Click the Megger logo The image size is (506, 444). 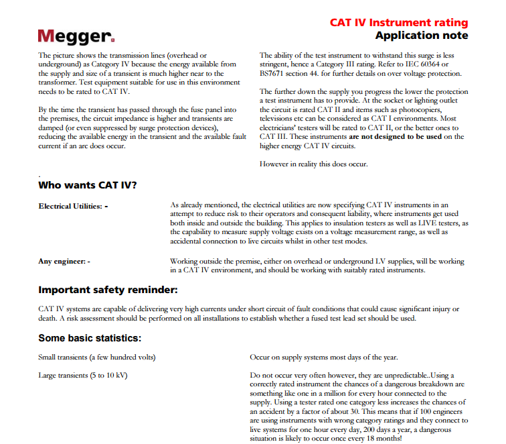(x=76, y=36)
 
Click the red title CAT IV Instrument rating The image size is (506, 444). (x=399, y=22)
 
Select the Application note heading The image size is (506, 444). (x=421, y=36)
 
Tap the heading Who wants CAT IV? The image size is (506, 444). (x=87, y=185)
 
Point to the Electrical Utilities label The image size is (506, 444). (x=73, y=206)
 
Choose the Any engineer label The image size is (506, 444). (x=64, y=261)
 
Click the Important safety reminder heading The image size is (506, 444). (x=108, y=290)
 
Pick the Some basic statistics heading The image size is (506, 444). (x=90, y=338)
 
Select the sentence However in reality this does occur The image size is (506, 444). (x=314, y=164)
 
